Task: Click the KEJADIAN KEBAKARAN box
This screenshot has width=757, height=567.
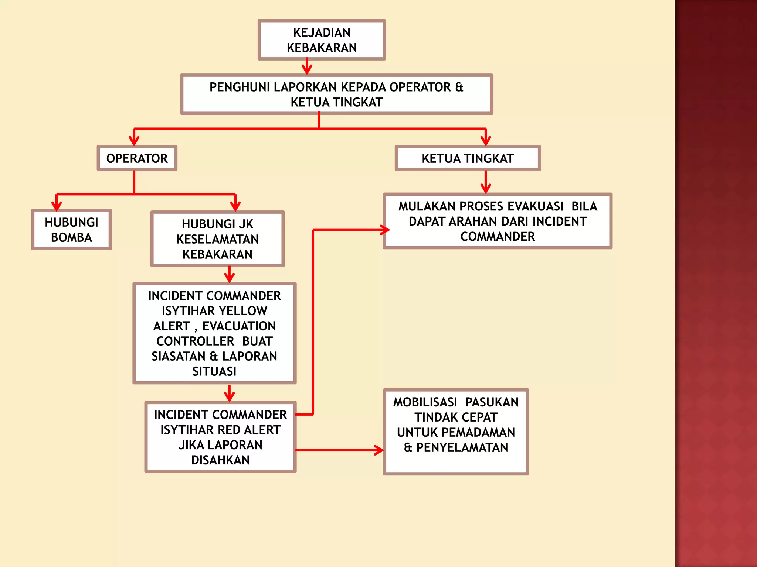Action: pyautogui.click(x=322, y=40)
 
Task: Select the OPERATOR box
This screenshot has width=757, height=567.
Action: pyautogui.click(x=137, y=158)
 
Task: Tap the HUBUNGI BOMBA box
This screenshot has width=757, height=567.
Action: pyautogui.click(x=71, y=230)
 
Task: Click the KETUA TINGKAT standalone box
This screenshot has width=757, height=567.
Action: pyautogui.click(x=468, y=158)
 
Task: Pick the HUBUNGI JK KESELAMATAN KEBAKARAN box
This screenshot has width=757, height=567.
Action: pyautogui.click(x=217, y=239)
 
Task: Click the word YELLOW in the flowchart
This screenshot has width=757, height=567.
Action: pyautogui.click(x=242, y=311)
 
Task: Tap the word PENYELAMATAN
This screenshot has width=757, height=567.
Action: pyautogui.click(x=462, y=447)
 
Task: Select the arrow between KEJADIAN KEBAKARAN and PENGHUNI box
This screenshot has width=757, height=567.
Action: pyautogui.click(x=307, y=66)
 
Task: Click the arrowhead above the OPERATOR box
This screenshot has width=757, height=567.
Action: pyautogui.click(x=134, y=141)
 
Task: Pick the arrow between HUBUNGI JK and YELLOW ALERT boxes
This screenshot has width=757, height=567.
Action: pyautogui.click(x=230, y=275)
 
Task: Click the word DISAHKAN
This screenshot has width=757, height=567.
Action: pyautogui.click(x=220, y=460)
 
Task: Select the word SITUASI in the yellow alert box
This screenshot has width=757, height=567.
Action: pyautogui.click(x=214, y=371)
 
